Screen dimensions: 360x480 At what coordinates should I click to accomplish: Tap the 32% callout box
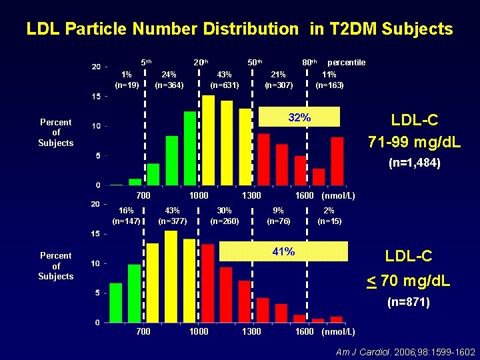[299, 118]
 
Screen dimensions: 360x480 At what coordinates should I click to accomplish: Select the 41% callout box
[283, 251]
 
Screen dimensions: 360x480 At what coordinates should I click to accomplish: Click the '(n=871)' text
[408, 303]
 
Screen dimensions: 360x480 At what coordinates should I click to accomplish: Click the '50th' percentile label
[255, 63]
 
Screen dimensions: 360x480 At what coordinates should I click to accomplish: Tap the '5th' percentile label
[146, 63]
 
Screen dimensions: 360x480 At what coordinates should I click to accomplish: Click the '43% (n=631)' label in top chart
[225, 80]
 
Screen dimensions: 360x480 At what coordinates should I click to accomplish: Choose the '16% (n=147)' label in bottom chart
[127, 215]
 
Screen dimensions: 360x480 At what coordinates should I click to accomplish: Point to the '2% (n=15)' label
[329, 215]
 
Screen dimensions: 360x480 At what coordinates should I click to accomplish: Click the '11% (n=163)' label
[329, 80]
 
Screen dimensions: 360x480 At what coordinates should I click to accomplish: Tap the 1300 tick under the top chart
[251, 195]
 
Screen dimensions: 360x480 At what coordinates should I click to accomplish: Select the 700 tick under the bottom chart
[143, 331]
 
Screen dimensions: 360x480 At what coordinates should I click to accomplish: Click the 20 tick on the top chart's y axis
[96, 67]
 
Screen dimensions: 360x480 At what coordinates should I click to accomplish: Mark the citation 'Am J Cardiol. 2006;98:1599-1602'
[405, 351]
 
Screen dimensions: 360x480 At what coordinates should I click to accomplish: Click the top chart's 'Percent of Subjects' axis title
[56, 133]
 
